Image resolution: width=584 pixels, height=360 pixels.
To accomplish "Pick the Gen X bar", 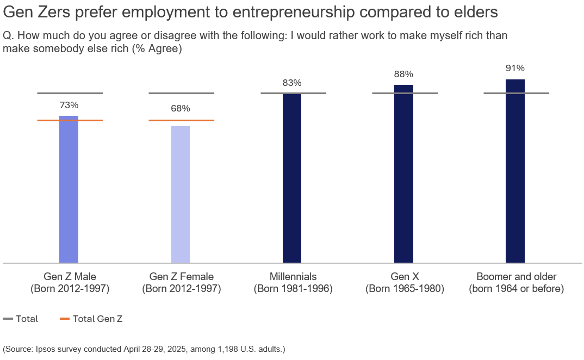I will click(403, 174).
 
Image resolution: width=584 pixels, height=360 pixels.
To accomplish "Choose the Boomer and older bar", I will click(515, 171).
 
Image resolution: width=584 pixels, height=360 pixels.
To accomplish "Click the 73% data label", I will click(69, 105).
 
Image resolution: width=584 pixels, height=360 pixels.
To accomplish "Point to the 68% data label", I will click(181, 108).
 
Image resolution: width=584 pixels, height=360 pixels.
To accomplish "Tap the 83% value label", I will click(292, 83).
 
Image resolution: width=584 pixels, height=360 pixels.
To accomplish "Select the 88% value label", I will click(403, 74).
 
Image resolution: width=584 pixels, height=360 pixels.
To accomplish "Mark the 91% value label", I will click(515, 68).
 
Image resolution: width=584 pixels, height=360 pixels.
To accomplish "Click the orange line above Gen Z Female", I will click(181, 120).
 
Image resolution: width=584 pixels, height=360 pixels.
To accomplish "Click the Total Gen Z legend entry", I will click(91, 319).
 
